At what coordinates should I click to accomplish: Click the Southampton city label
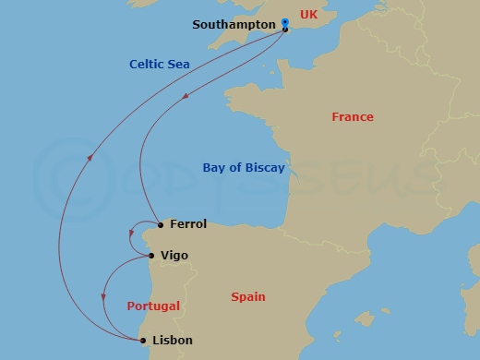[234, 24]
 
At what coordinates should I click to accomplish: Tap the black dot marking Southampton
[285, 30]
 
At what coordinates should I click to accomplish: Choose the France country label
[353, 117]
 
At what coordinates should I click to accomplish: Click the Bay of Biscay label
[244, 168]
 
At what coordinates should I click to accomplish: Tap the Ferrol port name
[188, 224]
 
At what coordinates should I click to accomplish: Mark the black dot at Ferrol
[161, 224]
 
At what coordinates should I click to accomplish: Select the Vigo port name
[175, 255]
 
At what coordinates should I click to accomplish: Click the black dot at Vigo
[151, 256]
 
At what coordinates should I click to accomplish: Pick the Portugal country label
[153, 306]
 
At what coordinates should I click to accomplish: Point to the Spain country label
[248, 297]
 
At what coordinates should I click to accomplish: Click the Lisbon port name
[173, 341]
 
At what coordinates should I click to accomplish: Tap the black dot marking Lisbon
[143, 341]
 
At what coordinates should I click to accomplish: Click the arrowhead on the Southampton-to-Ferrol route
[186, 96]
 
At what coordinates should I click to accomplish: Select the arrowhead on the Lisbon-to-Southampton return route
[90, 157]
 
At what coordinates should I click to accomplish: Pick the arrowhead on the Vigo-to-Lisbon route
[103, 296]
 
